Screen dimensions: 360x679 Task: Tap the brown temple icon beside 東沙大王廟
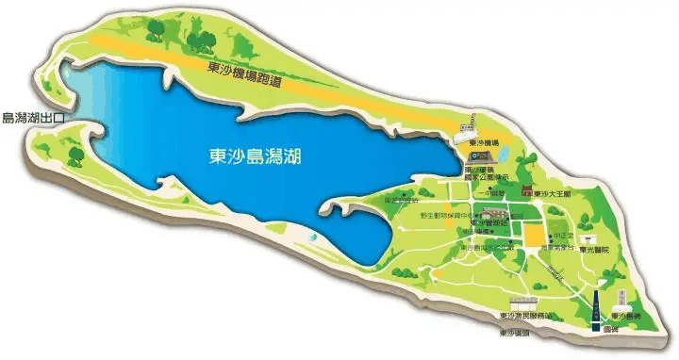527,191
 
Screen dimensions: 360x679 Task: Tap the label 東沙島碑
628,316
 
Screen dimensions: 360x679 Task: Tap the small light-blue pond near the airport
502,153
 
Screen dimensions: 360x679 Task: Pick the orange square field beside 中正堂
534,236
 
